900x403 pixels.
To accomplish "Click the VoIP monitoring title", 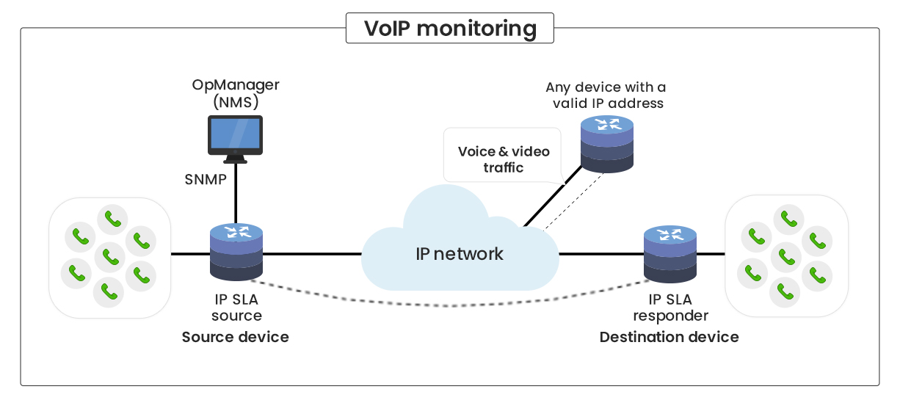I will [450, 29].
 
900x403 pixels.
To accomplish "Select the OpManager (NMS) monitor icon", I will [235, 139].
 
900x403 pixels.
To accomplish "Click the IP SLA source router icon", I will [236, 252].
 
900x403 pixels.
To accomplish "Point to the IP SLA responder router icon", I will [669, 254].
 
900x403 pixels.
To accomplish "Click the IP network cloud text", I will [460, 254].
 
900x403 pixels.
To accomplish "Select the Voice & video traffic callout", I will [503, 159].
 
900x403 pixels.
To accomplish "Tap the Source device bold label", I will [235, 338].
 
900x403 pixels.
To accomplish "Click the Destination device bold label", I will [669, 338].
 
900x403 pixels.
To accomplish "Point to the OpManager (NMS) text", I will [236, 94].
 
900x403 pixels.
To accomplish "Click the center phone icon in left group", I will [111, 257].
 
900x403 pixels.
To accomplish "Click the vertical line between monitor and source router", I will [236, 195].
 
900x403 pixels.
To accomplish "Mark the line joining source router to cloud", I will [312, 254].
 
